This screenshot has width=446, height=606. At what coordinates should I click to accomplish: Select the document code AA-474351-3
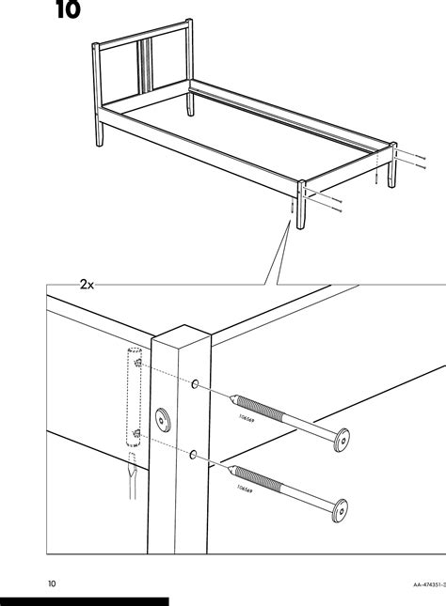tap(413, 583)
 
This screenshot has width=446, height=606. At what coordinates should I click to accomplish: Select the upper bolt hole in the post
tap(194, 384)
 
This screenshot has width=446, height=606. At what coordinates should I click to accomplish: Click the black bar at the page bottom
tap(85, 600)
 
